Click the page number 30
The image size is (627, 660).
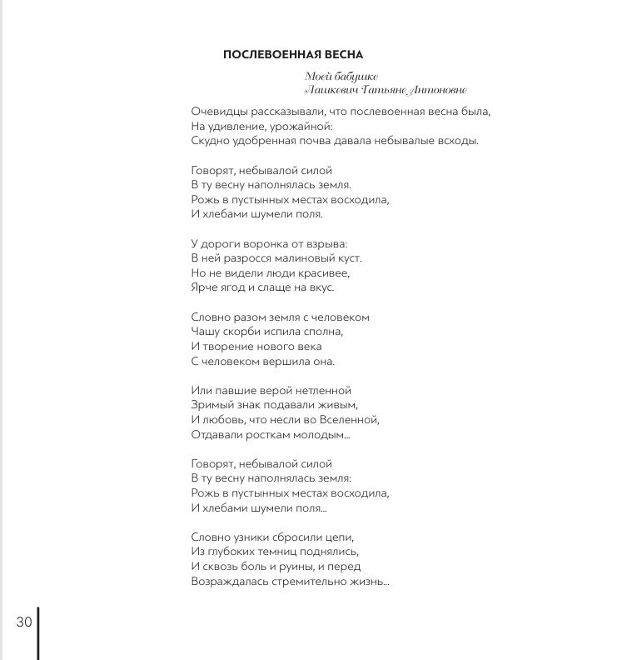[23, 622]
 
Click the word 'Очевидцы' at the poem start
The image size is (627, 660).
[216, 111]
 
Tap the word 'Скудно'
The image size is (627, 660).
[209, 141]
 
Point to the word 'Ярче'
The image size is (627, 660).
[204, 287]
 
